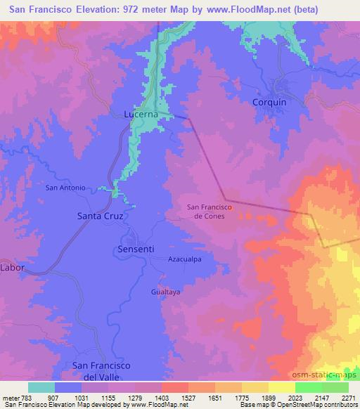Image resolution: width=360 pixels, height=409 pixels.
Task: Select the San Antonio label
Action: pyautogui.click(x=65, y=188)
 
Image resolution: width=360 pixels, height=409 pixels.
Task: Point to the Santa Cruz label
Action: pyautogui.click(x=100, y=216)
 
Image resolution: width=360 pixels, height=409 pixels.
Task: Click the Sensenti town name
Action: pyautogui.click(x=134, y=249)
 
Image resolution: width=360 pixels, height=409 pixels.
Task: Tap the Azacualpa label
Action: pyautogui.click(x=185, y=259)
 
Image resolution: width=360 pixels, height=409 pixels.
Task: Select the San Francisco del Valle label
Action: pyautogui.click(x=102, y=370)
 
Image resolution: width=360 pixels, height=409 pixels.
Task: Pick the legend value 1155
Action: pyautogui.click(x=108, y=396)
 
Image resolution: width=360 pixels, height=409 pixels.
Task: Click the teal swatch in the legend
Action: pyautogui.click(x=41, y=387)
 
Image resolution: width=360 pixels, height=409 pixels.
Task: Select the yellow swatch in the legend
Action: pyautogui.click(x=282, y=387)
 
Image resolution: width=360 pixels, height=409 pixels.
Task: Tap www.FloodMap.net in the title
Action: pyautogui.click(x=238, y=10)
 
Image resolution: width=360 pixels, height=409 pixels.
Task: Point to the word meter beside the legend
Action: pyautogui.click(x=11, y=396)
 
